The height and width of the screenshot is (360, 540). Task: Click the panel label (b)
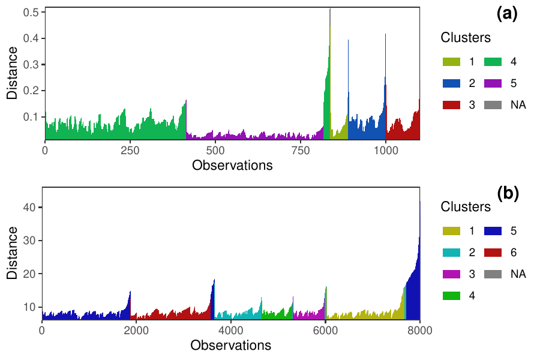click(507, 193)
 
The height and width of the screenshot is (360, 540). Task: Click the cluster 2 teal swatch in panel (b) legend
click(451, 252)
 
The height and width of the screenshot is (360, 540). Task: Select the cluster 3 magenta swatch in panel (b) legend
click(451, 274)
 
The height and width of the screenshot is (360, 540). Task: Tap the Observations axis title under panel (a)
click(232, 165)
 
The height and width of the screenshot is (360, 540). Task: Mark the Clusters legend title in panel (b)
click(466, 207)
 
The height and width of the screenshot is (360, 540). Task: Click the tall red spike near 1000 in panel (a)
click(385, 60)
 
